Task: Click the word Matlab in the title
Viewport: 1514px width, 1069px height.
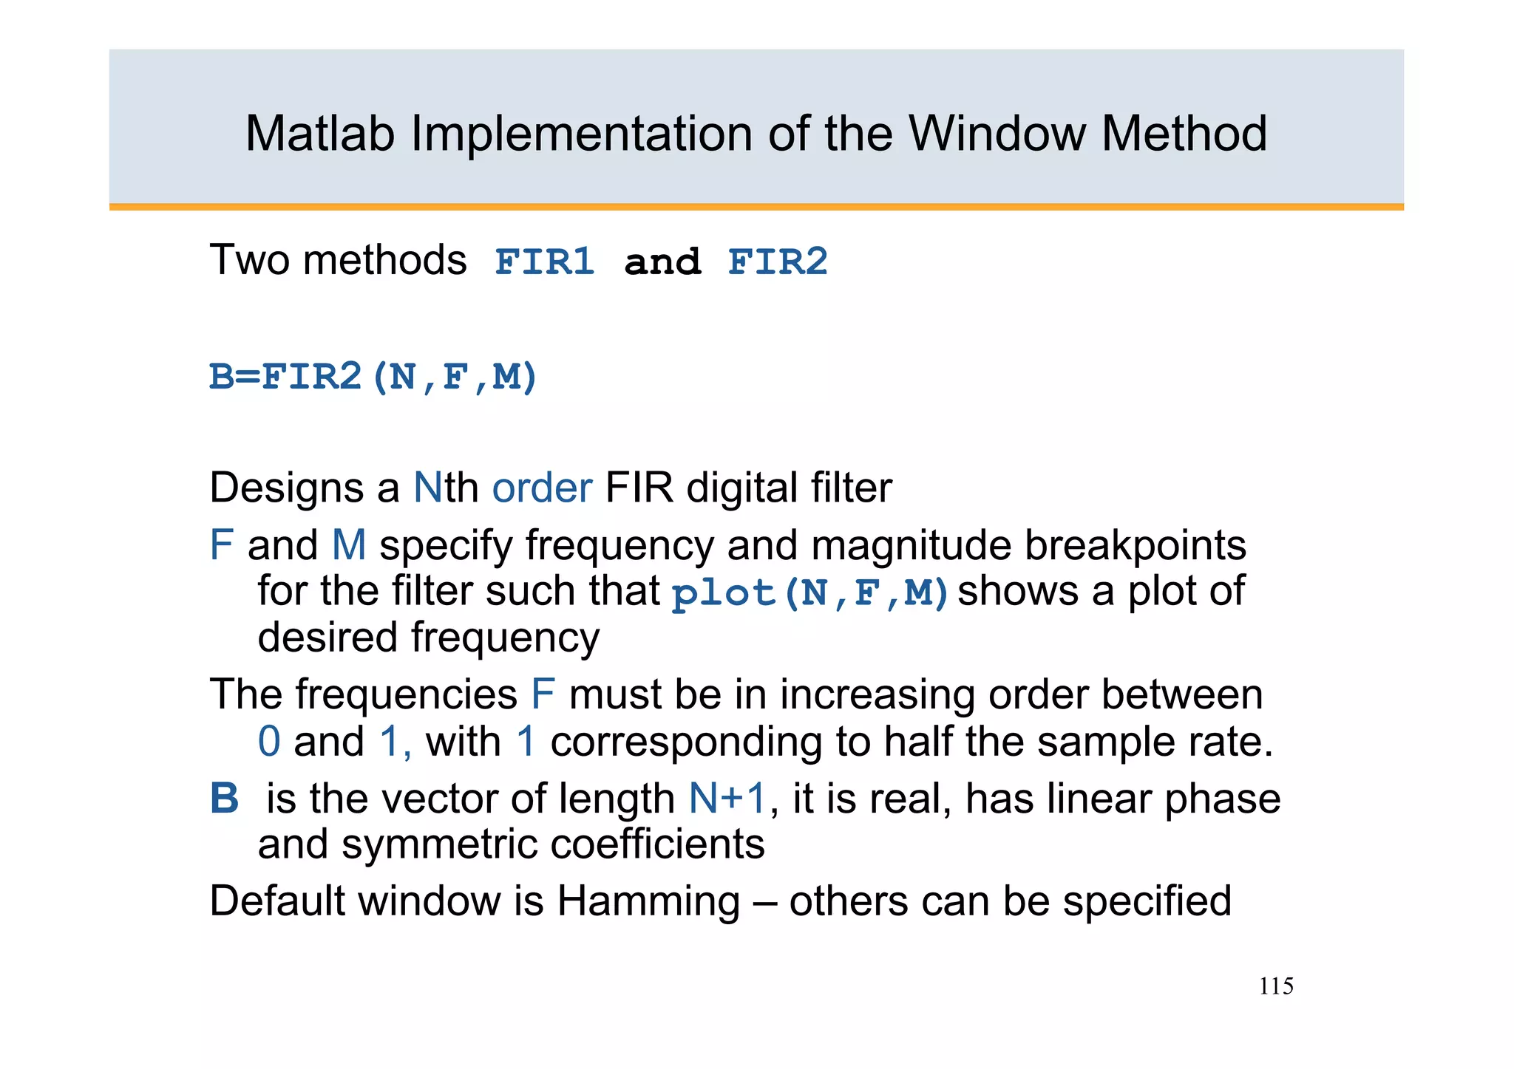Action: (320, 134)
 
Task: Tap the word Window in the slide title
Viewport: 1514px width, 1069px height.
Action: (997, 134)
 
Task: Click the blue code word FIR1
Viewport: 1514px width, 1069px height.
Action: (544, 262)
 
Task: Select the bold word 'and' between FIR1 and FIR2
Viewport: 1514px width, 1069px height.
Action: (662, 262)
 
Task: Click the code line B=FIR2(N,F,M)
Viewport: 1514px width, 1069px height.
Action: (373, 377)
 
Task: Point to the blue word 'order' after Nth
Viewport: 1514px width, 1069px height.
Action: (542, 488)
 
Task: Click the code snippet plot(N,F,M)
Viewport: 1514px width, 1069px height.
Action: (809, 593)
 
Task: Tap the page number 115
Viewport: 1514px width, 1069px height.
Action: (1276, 986)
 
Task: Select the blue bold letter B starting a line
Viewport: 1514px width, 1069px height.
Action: (224, 799)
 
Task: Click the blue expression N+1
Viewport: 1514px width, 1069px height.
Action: (727, 799)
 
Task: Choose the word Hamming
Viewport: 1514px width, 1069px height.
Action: (648, 901)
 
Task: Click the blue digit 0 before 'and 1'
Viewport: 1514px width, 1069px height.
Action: (269, 742)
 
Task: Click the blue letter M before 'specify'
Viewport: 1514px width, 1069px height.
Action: (349, 546)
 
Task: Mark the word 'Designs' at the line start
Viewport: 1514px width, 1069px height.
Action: (304, 488)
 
